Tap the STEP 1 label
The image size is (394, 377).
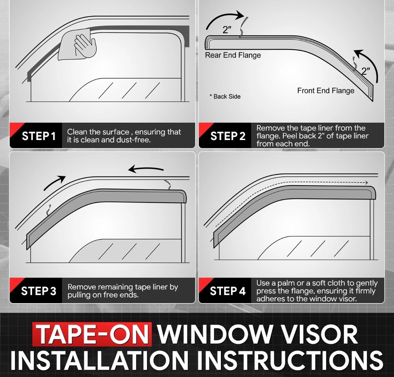click(x=39, y=136)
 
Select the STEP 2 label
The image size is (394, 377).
click(x=228, y=136)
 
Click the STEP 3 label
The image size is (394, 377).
click(x=39, y=291)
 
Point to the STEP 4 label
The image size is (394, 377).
click(x=228, y=291)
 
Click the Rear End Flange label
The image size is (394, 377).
click(x=233, y=55)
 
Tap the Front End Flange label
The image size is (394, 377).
click(x=325, y=91)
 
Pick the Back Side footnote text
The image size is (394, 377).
click(x=225, y=97)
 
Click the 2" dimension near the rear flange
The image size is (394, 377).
click(x=227, y=30)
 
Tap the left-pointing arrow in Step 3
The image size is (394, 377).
click(x=146, y=169)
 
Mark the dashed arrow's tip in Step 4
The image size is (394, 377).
click(x=368, y=183)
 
